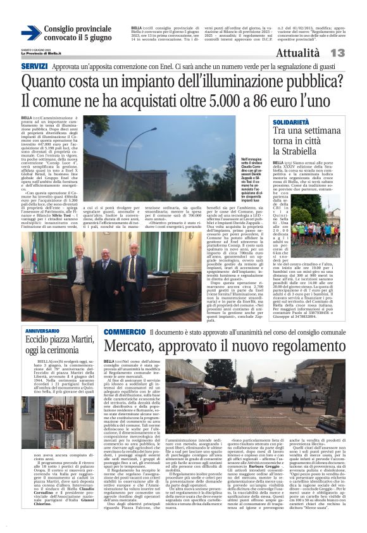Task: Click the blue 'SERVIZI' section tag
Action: click(34, 66)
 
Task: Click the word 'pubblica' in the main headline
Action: click(300, 82)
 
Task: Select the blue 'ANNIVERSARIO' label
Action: click(43, 331)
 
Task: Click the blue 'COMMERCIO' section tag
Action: click(125, 331)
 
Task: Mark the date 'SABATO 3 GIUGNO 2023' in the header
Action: click(37, 49)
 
